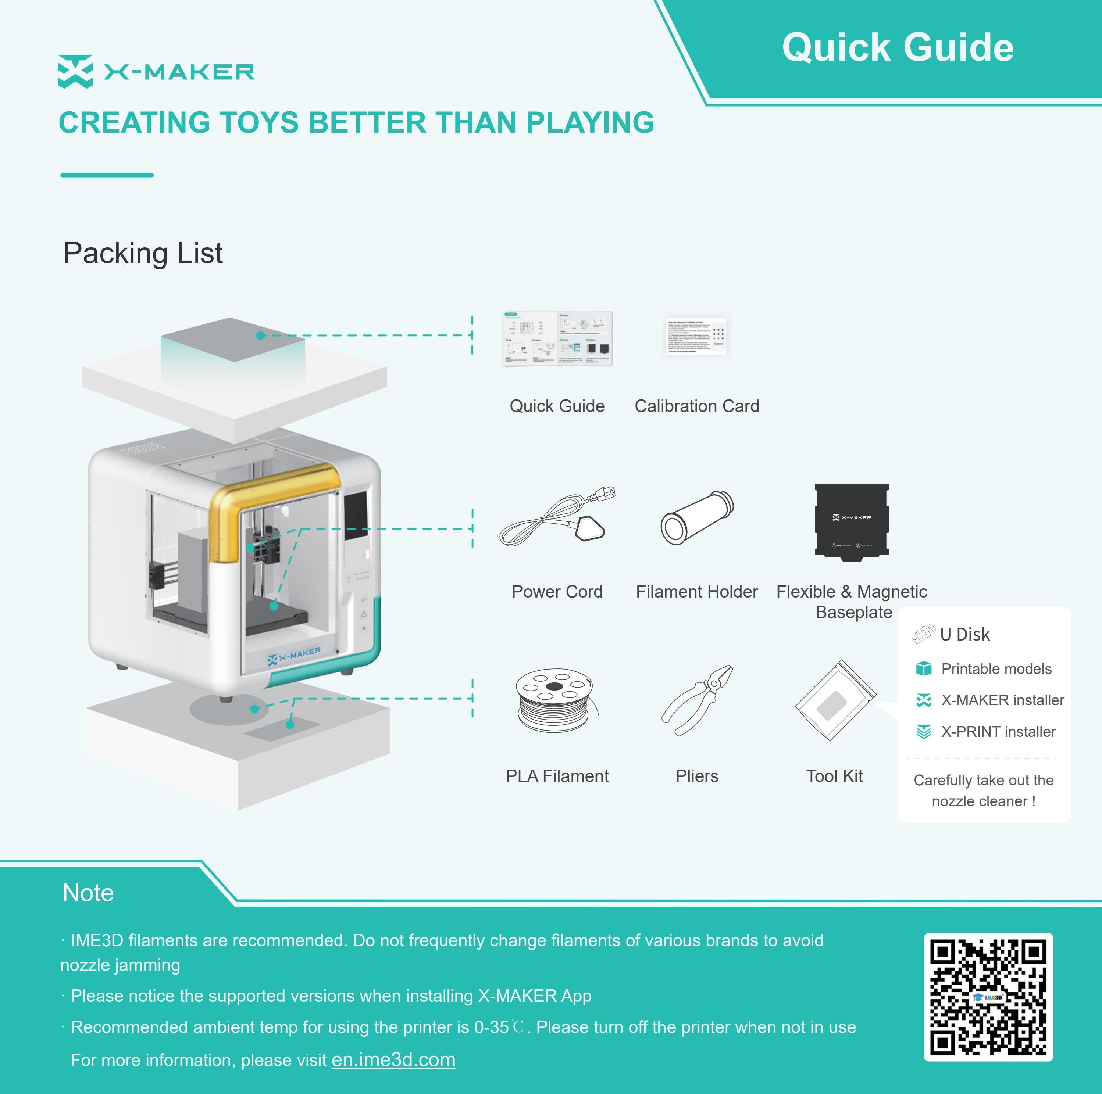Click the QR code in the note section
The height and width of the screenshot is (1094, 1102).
(988, 997)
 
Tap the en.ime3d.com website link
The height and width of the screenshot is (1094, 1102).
(393, 1060)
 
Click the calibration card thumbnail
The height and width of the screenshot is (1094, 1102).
(696, 336)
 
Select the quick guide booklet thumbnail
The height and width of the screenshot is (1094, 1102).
(557, 338)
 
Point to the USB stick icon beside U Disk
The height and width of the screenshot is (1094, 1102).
(923, 634)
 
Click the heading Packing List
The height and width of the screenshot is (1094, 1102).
(143, 253)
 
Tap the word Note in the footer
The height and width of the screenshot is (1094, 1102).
(88, 893)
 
